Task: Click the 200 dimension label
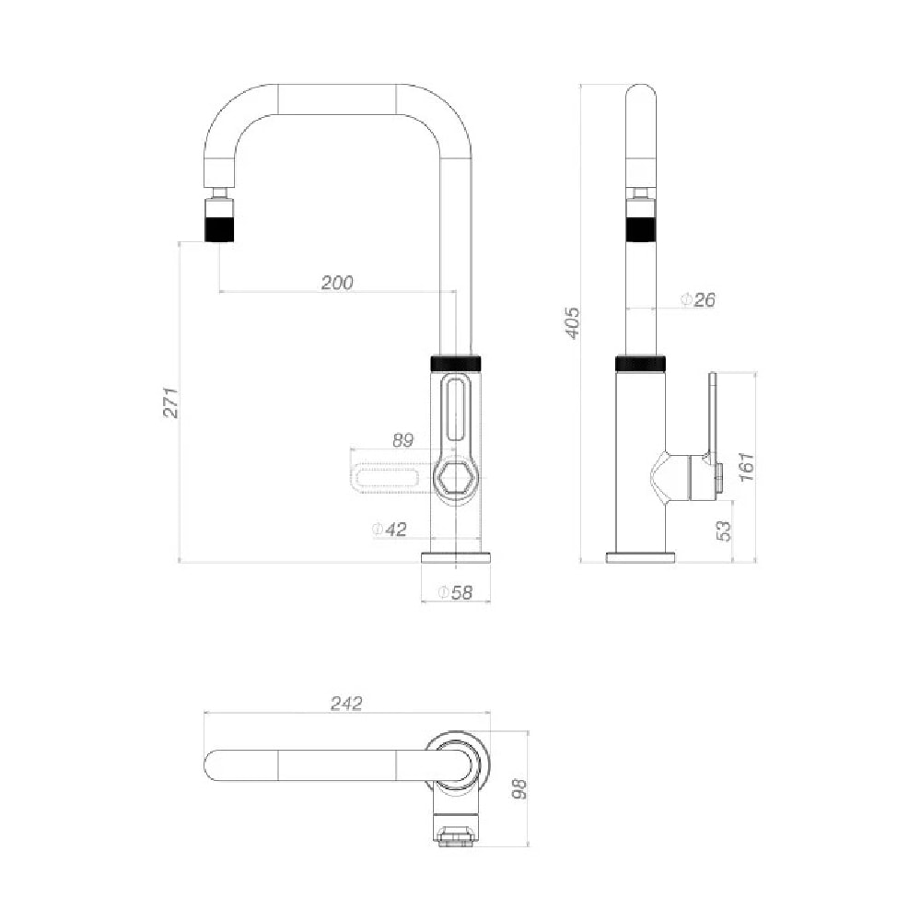tap(337, 283)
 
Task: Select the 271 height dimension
tap(170, 402)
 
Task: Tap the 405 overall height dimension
tap(573, 322)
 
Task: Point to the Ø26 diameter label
tap(697, 299)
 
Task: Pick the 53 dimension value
tap(723, 530)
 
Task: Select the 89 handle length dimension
tap(402, 440)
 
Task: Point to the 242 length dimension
tap(346, 704)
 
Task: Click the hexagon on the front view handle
tap(455, 479)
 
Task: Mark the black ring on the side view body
tap(640, 362)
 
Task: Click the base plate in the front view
tap(456, 556)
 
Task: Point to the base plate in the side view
tap(640, 556)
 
